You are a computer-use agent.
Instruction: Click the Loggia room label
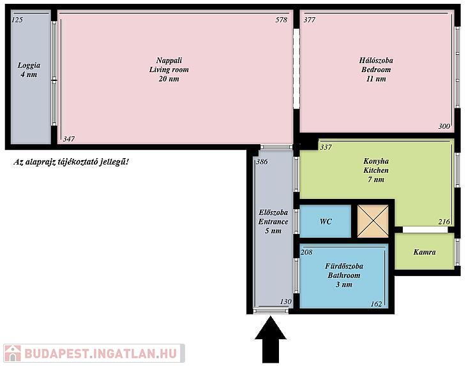point(29,70)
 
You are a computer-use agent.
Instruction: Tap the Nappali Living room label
point(169,70)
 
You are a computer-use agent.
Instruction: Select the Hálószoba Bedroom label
point(376,70)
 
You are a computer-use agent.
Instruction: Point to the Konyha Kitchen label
point(376,170)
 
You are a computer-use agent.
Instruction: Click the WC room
point(326,221)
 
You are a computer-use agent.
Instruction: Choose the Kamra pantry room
point(425,251)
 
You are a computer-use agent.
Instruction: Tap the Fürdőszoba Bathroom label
point(344,275)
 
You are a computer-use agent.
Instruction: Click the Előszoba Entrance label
point(273,221)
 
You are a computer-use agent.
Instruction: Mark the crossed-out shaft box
point(373,221)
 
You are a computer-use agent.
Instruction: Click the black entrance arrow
point(271,339)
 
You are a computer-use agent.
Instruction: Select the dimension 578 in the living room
point(282,20)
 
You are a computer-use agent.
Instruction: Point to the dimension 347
point(69,138)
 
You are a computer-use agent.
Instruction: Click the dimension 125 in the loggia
point(17,20)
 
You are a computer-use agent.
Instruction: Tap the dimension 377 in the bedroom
point(310,20)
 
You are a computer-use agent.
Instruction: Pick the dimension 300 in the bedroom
point(444,126)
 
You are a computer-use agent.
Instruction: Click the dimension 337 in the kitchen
point(326,147)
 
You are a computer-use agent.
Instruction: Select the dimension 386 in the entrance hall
point(262,161)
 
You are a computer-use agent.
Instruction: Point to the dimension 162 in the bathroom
point(376,304)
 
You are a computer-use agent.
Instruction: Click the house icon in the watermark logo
point(13,353)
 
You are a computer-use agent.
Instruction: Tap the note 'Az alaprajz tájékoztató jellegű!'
point(71,162)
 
